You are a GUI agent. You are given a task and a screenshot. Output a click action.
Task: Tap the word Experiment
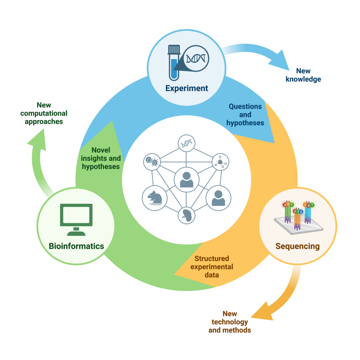point(187,88)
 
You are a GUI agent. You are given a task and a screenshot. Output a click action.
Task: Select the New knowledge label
point(303,75)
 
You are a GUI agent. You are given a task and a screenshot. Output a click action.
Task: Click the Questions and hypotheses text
point(245,115)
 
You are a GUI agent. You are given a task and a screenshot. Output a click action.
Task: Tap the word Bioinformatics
point(76,246)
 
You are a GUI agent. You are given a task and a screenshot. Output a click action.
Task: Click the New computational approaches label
point(44,113)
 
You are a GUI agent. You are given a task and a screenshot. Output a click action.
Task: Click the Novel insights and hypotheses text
point(101,158)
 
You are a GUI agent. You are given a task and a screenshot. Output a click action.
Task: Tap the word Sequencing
point(298,246)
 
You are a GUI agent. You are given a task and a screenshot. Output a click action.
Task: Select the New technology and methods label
point(230,322)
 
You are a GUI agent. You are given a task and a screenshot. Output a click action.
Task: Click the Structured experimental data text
point(212,266)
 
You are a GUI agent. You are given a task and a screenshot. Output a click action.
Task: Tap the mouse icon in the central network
point(155,197)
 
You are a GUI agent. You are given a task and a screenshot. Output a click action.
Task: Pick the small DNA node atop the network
point(186,144)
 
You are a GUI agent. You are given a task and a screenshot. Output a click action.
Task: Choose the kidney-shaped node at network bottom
point(187,215)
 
